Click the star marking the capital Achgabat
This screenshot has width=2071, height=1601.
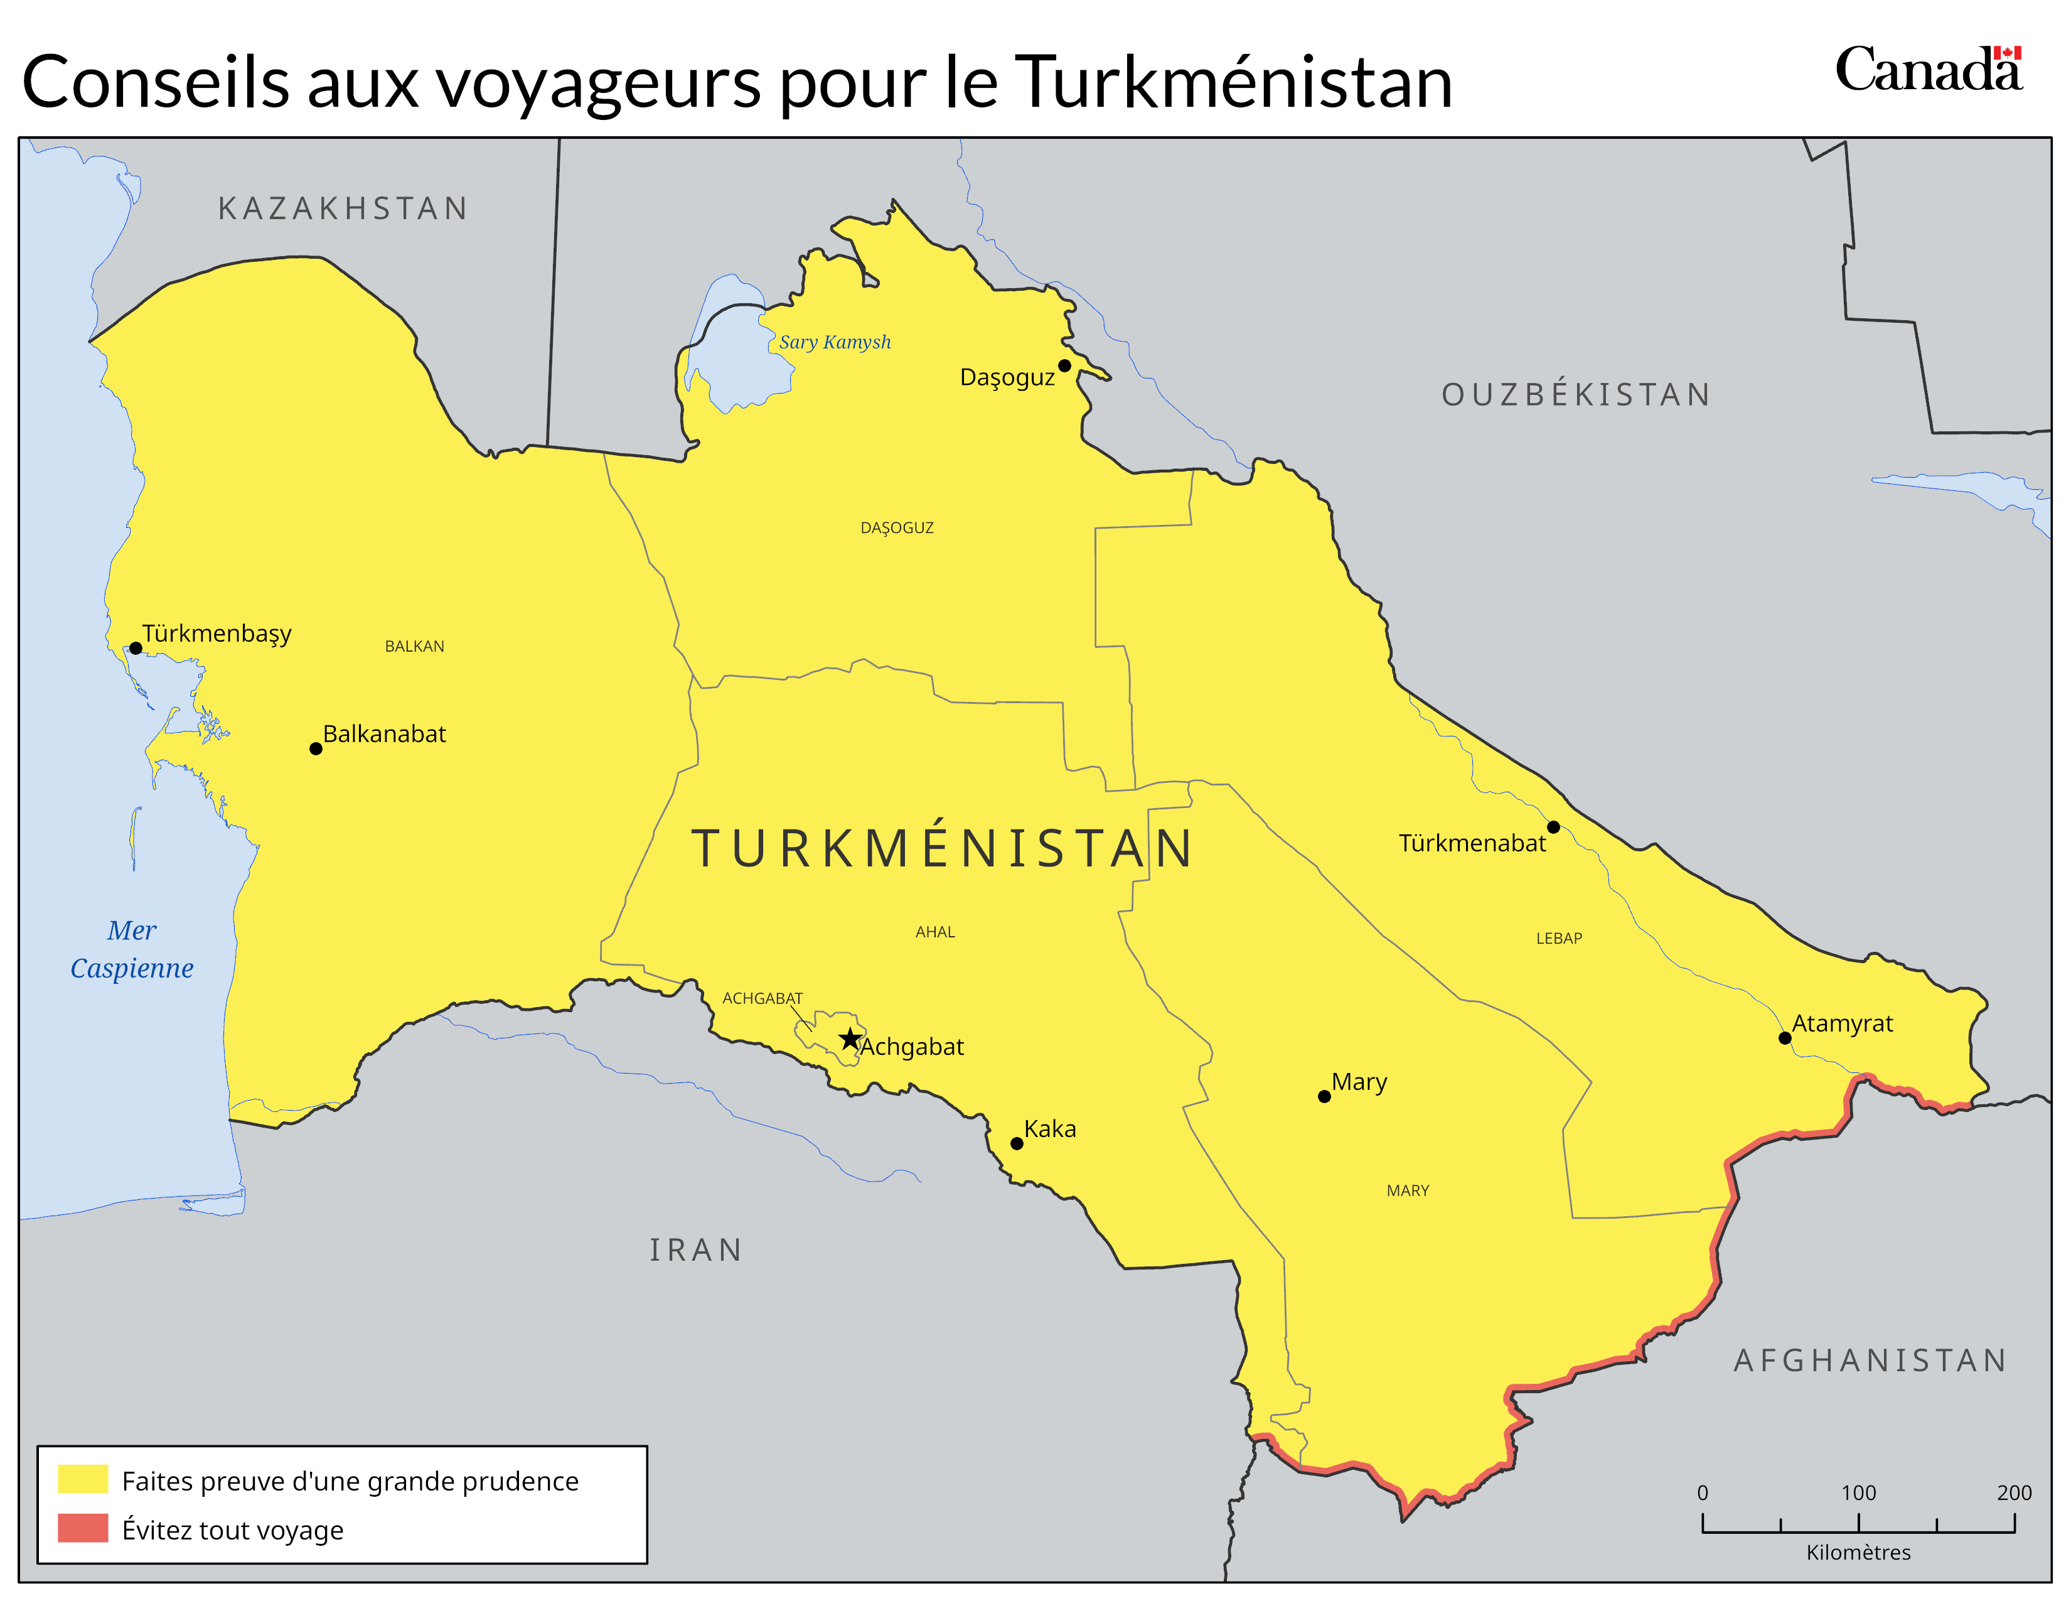[x=850, y=1038]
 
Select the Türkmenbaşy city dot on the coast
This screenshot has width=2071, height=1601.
[x=136, y=648]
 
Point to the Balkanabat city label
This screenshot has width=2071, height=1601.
[x=384, y=734]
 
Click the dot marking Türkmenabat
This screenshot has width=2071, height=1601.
[x=1553, y=827]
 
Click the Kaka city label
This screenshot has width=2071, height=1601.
[x=1050, y=1129]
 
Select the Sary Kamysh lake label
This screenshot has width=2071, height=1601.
[x=835, y=342]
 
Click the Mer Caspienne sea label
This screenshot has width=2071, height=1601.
[x=132, y=949]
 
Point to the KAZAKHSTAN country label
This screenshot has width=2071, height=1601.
[x=343, y=208]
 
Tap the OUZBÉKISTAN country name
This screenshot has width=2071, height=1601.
[x=1576, y=394]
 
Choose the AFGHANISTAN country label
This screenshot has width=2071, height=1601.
[x=1870, y=1360]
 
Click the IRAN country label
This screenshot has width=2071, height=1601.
[x=696, y=1250]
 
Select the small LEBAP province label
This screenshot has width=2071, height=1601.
[x=1559, y=938]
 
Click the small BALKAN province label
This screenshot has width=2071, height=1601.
[x=414, y=646]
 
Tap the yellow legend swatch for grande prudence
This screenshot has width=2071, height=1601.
[x=82, y=1480]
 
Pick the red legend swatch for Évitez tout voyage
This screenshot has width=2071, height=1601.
[x=82, y=1528]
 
